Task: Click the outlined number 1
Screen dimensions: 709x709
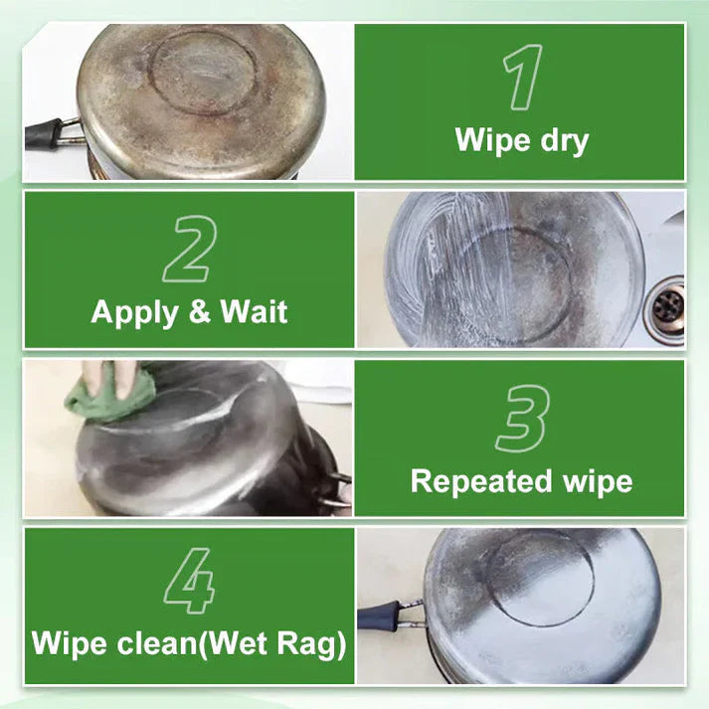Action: [521, 77]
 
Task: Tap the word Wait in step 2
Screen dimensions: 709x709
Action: [254, 312]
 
